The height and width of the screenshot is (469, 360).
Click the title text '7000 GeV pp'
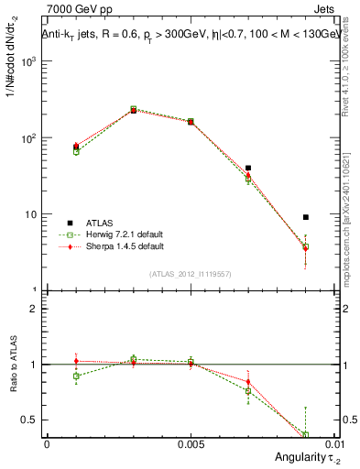75,10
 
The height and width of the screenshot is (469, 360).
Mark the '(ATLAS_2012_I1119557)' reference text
191,274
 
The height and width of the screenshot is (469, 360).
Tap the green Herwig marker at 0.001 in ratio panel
76,376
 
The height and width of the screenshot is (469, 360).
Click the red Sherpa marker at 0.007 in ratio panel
248,382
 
